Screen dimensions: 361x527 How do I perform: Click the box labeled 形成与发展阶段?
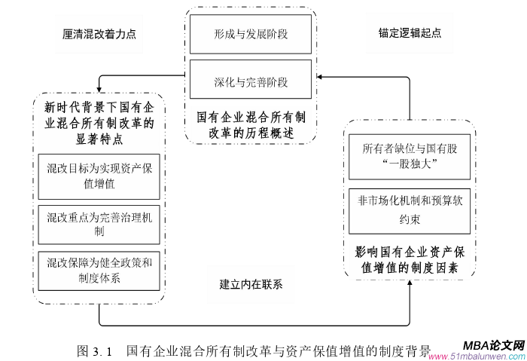tap(251, 35)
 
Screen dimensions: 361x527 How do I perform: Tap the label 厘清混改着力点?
tap(99, 34)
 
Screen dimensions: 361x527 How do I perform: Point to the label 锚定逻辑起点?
tap(409, 34)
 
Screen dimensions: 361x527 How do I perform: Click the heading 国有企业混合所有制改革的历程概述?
tap(251, 125)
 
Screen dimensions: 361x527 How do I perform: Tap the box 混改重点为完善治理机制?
tap(99, 225)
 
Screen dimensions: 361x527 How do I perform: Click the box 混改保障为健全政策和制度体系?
tap(99, 271)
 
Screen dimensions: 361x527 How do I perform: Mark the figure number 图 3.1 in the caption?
tap(94, 351)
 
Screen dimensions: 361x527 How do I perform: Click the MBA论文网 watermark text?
tap(493, 343)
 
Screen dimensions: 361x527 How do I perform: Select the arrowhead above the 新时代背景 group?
tap(99, 89)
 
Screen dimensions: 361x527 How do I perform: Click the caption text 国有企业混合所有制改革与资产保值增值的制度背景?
tap(279, 351)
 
